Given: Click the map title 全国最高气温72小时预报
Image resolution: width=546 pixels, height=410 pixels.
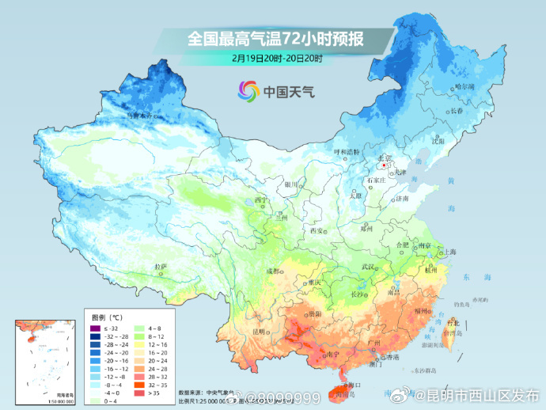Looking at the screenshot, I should pos(275,37).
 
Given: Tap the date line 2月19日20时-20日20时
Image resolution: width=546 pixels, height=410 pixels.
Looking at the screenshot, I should pos(277,58).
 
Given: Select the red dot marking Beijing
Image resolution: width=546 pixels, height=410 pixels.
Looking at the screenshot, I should pos(384,166).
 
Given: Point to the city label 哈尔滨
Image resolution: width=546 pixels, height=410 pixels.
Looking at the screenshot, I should pos(464,86).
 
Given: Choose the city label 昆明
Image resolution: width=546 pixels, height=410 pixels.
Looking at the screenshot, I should pos(259,331).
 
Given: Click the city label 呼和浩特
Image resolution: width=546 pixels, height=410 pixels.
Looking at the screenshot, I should pos(346,151).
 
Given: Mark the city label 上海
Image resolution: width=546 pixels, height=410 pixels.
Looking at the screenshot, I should pos(450,252).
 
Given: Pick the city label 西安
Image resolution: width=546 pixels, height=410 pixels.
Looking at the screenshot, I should pos(317,230).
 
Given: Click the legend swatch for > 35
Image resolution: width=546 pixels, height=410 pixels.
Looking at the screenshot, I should pos(139,393).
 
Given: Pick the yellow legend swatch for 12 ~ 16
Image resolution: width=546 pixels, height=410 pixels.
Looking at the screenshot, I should pos(139,344).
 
